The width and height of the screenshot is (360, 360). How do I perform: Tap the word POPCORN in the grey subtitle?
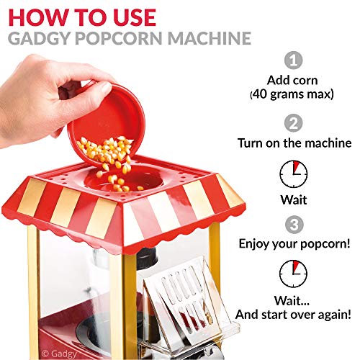(x=119, y=38)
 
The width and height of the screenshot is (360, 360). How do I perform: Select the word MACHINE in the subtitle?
(x=210, y=38)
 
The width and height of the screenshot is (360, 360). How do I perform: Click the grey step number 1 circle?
(x=293, y=60)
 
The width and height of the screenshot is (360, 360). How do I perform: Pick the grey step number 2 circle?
(x=293, y=123)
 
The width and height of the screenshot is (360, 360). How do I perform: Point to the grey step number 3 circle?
(x=294, y=225)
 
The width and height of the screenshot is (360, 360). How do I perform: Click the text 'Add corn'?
(x=292, y=80)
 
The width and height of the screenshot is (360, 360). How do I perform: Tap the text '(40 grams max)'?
(x=292, y=94)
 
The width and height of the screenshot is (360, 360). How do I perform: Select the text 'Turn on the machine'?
(x=294, y=143)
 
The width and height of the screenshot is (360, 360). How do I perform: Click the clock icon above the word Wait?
(x=293, y=174)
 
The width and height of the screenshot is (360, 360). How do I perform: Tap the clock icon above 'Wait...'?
(x=293, y=274)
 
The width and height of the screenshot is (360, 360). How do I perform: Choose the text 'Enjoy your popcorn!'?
(x=294, y=244)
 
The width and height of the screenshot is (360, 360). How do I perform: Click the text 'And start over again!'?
(x=293, y=315)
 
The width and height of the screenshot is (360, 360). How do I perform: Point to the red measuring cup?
(x=107, y=125)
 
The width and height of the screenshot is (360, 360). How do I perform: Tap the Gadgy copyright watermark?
(x=59, y=354)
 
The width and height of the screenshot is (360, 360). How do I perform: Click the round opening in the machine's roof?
(x=124, y=180)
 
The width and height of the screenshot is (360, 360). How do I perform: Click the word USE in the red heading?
(x=135, y=17)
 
